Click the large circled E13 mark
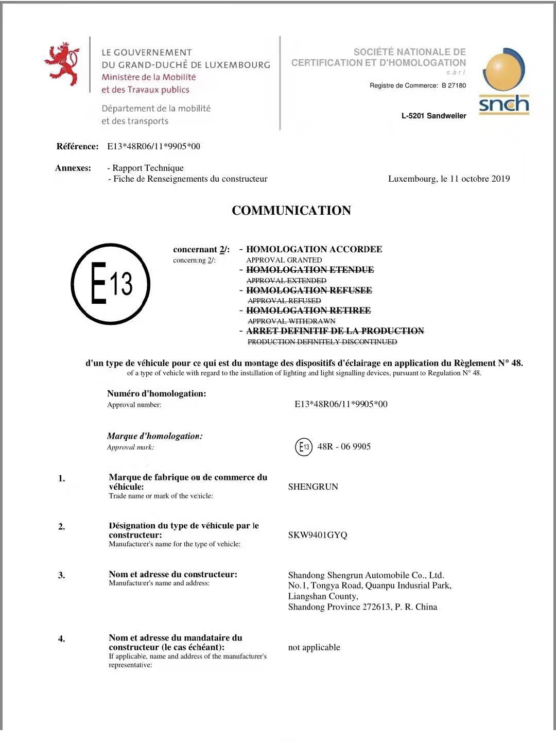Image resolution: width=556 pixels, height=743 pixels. [110, 284]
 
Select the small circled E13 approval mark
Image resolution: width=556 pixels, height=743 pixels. [304, 447]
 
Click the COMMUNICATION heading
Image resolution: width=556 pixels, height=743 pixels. [291, 211]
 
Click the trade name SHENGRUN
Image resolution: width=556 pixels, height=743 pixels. [313, 487]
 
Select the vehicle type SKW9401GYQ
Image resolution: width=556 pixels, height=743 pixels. [318, 535]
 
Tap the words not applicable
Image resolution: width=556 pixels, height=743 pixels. [314, 647]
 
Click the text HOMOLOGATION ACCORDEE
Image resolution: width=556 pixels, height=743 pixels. [314, 249]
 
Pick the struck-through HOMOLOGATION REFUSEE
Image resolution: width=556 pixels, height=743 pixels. [309, 290]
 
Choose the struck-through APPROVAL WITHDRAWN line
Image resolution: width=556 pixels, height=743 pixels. [291, 321]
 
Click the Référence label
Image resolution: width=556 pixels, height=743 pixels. [77, 146]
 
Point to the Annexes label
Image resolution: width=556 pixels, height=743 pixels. [73, 168]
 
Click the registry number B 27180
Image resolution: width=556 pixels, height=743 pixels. [454, 85]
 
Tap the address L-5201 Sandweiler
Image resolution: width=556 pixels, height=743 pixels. [433, 116]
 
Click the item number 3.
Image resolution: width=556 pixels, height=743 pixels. [61, 575]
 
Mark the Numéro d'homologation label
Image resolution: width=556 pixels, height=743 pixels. [157, 393]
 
